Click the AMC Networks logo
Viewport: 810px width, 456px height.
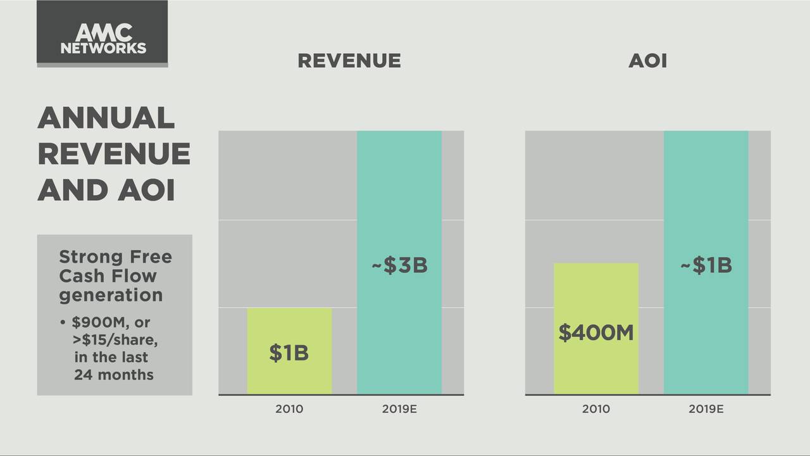[103, 39]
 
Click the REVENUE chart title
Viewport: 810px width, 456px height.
[349, 61]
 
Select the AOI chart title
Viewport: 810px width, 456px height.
[647, 61]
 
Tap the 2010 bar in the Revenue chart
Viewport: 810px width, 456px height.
[289, 329]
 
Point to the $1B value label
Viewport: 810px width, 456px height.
[289, 353]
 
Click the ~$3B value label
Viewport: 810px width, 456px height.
[399, 266]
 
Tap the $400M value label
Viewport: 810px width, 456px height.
[595, 332]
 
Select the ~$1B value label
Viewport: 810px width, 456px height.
[706, 265]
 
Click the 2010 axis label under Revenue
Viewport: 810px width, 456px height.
[289, 409]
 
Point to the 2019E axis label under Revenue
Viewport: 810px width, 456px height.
[399, 409]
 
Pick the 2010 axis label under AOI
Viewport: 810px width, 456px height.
[595, 409]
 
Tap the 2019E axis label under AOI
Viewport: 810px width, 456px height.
[706, 409]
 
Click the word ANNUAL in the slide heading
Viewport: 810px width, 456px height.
[106, 118]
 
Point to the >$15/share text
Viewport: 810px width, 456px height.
[116, 340]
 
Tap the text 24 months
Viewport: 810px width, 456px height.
[114, 374]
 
